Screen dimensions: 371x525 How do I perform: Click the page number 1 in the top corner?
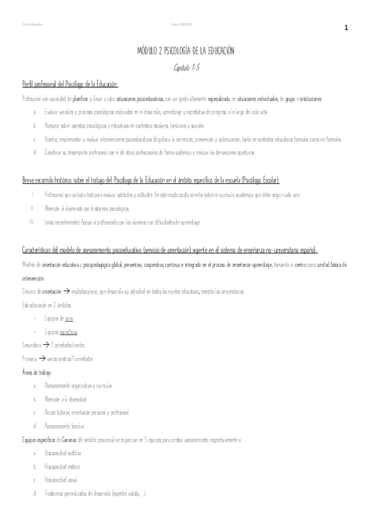tap(346, 28)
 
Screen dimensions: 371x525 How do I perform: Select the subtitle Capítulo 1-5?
tap(185, 67)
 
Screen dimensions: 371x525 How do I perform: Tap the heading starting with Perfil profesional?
tap(69, 84)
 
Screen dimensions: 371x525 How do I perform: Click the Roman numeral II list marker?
tap(32, 209)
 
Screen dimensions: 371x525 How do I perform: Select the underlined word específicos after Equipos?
tap(68, 331)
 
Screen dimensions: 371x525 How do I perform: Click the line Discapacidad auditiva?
tap(63, 453)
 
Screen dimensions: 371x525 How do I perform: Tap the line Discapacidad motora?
tap(62, 467)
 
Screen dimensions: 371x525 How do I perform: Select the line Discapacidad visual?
tap(61, 480)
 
